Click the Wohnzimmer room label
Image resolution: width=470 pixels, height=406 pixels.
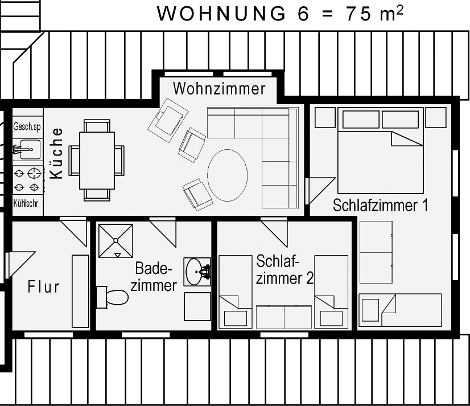click(219, 89)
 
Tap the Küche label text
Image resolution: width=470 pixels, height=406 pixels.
click(56, 153)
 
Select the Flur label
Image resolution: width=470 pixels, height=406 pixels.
click(44, 286)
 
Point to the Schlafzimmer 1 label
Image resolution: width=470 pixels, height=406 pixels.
click(380, 205)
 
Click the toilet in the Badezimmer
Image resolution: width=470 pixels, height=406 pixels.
click(113, 297)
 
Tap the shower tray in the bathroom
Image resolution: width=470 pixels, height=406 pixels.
click(116, 241)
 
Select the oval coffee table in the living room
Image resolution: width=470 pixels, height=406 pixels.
click(228, 175)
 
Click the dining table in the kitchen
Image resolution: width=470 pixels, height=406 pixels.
click(97, 161)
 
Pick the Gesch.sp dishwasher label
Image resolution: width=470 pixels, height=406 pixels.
click(27, 126)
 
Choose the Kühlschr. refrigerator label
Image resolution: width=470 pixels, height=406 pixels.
click(26, 204)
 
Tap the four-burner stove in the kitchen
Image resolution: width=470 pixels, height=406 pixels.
click(27, 181)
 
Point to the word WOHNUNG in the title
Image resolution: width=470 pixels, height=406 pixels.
click(221, 14)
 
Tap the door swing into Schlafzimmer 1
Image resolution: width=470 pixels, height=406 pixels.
click(320, 191)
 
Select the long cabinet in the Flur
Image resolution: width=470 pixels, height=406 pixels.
click(81, 291)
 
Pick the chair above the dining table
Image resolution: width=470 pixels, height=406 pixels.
click(97, 126)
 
